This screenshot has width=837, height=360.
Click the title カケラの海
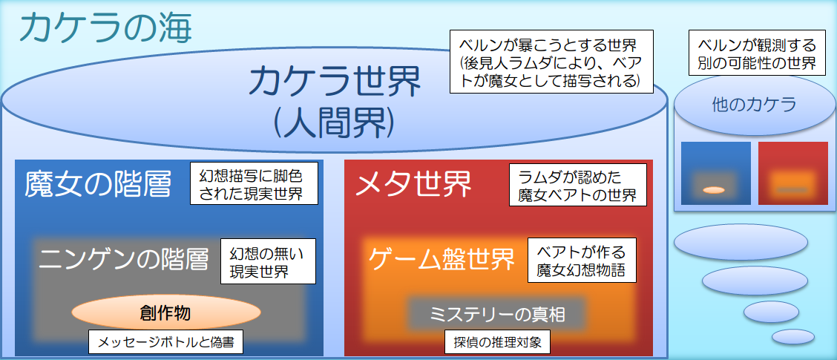[x=106, y=28]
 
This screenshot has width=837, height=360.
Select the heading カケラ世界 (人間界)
[x=334, y=100]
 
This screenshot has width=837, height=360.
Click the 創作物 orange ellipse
[x=165, y=313]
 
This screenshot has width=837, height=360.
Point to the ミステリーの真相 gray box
[x=497, y=314]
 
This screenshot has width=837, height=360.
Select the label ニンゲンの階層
[x=124, y=259]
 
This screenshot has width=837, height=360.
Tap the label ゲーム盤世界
[x=442, y=259]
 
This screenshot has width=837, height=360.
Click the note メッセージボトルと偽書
[x=165, y=342]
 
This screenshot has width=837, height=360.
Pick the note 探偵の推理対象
[x=498, y=342]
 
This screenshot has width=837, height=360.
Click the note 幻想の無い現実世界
[x=268, y=261]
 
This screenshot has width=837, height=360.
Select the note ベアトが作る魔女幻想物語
[x=580, y=260]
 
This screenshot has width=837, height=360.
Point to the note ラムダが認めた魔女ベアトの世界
[x=578, y=186]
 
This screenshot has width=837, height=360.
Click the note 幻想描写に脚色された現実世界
[x=254, y=183]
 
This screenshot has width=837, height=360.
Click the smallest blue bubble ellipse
[x=792, y=336]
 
